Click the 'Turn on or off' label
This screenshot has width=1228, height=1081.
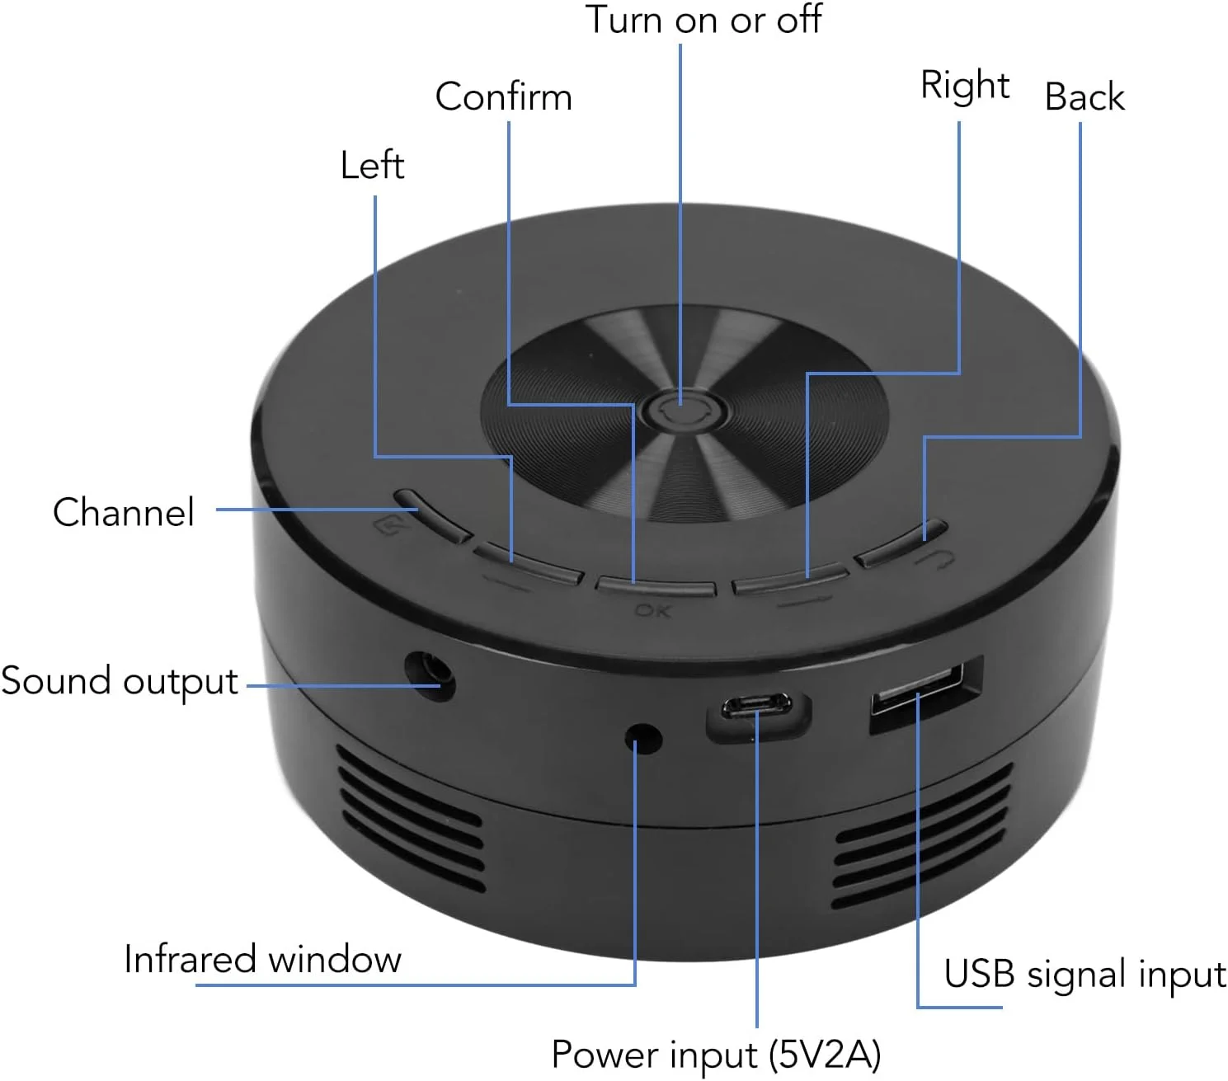(x=703, y=20)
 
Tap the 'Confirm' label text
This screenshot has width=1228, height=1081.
(x=503, y=96)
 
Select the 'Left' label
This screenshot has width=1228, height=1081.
(x=372, y=165)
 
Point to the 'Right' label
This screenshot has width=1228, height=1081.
(x=964, y=85)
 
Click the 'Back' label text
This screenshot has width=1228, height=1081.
(x=1084, y=97)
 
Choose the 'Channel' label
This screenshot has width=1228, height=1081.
(x=124, y=512)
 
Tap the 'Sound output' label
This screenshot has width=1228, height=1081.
(x=120, y=682)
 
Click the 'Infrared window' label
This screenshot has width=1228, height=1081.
(x=262, y=959)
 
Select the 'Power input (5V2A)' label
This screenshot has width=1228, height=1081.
(x=716, y=1055)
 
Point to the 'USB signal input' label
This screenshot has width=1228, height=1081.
(x=1084, y=974)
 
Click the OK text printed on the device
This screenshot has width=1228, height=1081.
(x=652, y=611)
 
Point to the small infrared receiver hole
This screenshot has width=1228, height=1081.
(x=643, y=737)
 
